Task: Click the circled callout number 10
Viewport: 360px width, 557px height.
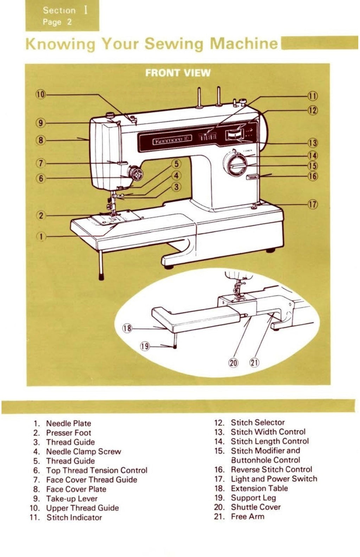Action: (x=41, y=94)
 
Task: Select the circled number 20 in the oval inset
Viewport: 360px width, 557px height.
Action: (x=234, y=362)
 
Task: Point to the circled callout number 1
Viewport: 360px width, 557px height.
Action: (x=41, y=236)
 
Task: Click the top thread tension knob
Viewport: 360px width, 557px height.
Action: (x=135, y=173)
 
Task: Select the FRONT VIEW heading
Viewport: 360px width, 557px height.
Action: (x=178, y=73)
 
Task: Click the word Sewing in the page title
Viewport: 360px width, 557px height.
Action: (x=174, y=44)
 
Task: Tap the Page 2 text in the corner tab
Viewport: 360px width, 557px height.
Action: (x=57, y=22)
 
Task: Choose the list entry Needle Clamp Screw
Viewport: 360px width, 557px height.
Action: (x=83, y=451)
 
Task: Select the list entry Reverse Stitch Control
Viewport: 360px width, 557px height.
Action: (x=271, y=469)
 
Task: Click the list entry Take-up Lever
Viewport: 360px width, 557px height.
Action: (x=72, y=499)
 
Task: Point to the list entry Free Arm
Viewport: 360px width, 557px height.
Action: (x=247, y=517)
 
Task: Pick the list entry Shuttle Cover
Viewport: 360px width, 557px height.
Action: (x=256, y=507)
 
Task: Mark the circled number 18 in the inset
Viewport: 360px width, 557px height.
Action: (x=127, y=329)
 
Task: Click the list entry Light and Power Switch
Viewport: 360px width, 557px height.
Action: (x=274, y=479)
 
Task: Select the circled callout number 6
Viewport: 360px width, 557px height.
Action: (x=41, y=178)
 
